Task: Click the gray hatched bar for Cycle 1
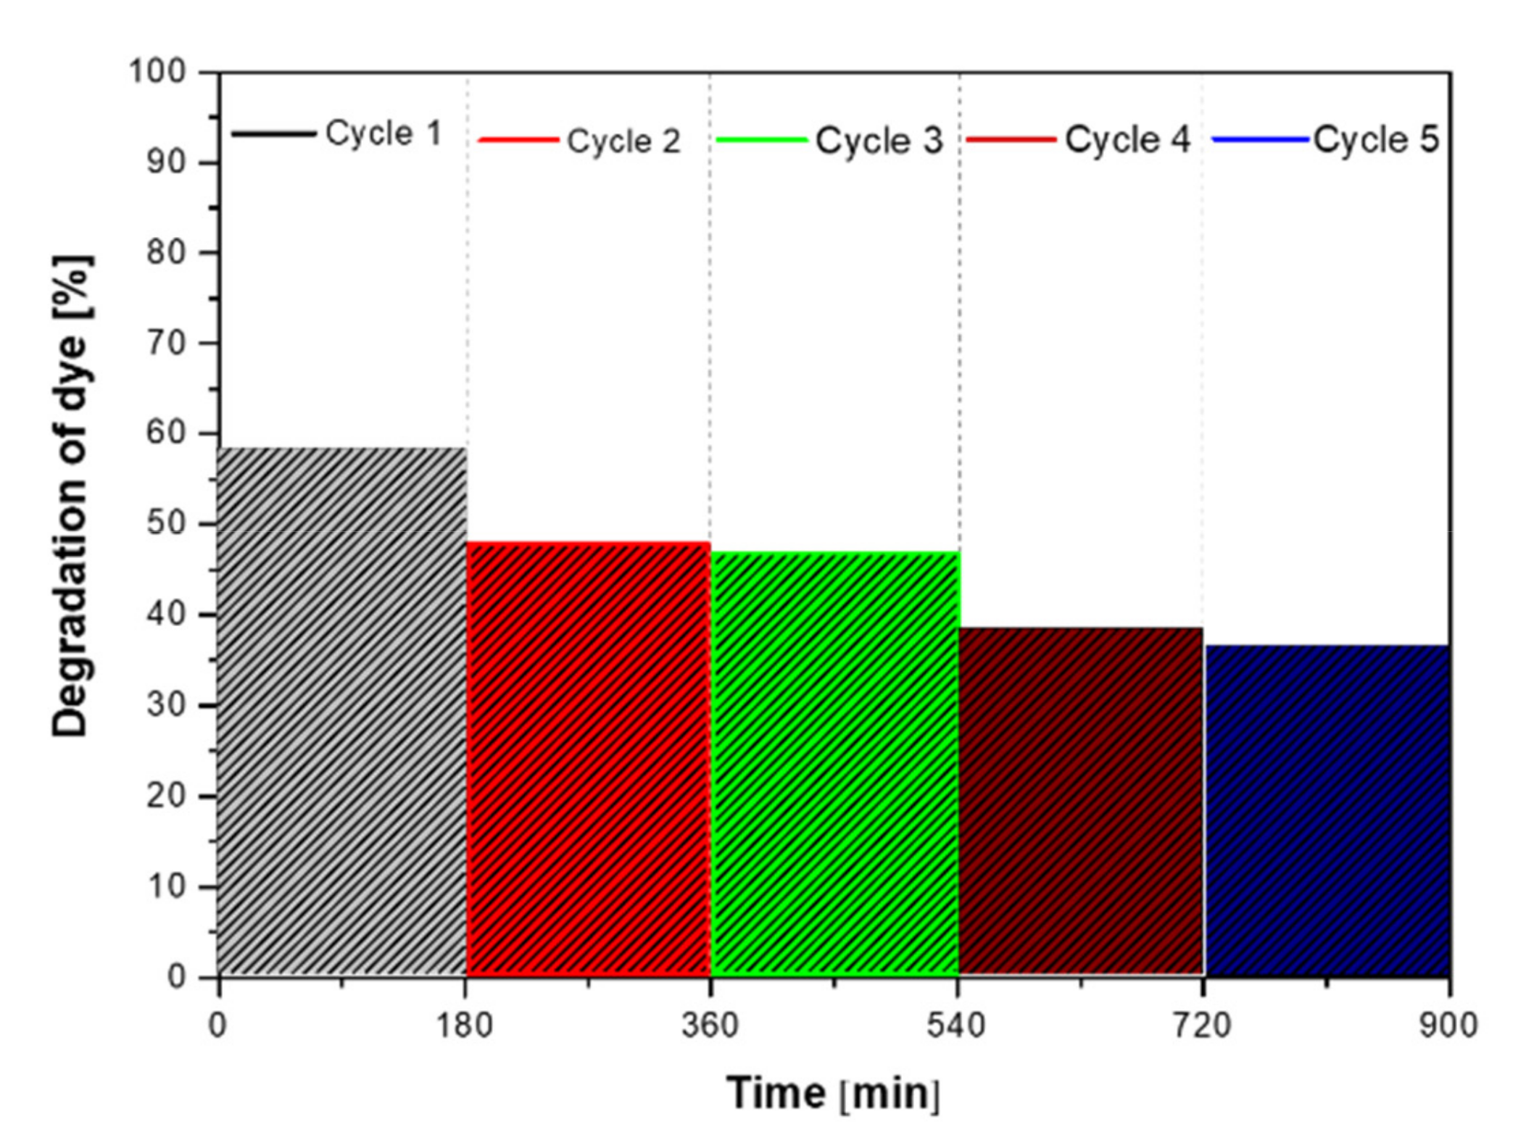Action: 341,710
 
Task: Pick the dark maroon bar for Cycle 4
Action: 1080,801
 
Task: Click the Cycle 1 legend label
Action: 383,133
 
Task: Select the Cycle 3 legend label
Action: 879,140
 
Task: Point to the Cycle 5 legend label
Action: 1376,139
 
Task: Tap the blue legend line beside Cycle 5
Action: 1260,139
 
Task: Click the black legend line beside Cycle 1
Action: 274,133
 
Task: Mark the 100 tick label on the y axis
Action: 157,72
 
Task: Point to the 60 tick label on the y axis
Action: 167,433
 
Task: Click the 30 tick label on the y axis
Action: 167,705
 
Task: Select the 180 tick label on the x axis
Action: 464,1026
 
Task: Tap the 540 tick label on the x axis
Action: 957,1026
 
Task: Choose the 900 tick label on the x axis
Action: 1448,1026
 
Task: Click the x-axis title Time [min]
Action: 834,1094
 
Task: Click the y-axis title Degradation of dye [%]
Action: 72,496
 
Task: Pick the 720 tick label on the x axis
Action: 1203,1026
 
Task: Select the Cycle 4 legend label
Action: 1127,139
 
